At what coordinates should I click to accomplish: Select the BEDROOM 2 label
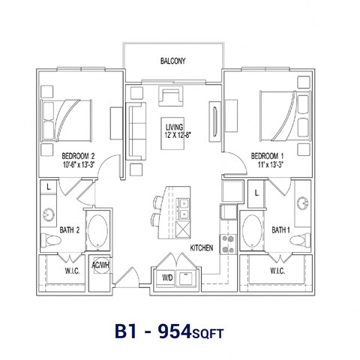point(77,156)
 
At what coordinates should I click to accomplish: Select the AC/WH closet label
point(100,265)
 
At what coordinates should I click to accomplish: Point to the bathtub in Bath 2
point(97,230)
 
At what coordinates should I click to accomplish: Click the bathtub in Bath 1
point(251,230)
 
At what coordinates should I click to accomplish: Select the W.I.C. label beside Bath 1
point(274,270)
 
